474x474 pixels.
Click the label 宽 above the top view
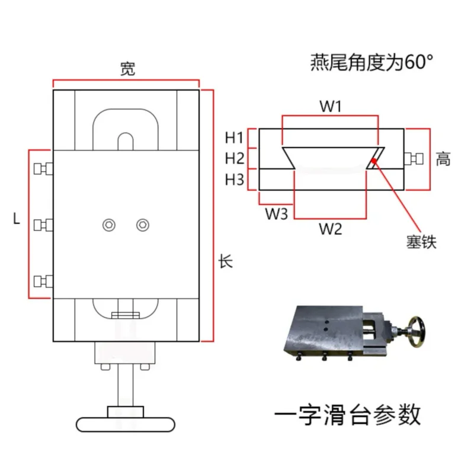tap(127, 69)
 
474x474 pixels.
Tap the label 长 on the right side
tap(226, 261)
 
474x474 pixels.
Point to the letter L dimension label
tap(17, 219)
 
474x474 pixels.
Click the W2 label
tap(330, 229)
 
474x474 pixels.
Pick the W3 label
tap(276, 213)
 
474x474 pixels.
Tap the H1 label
tap(235, 138)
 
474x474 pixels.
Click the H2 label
tap(235, 158)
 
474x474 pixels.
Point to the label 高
tap(443, 159)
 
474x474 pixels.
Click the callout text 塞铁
tap(421, 241)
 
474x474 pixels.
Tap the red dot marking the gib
tap(373, 159)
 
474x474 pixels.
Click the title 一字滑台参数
tap(347, 414)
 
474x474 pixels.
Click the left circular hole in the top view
tap(109, 225)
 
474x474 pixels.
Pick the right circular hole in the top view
tap(142, 225)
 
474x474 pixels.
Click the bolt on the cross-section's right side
tap(412, 158)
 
